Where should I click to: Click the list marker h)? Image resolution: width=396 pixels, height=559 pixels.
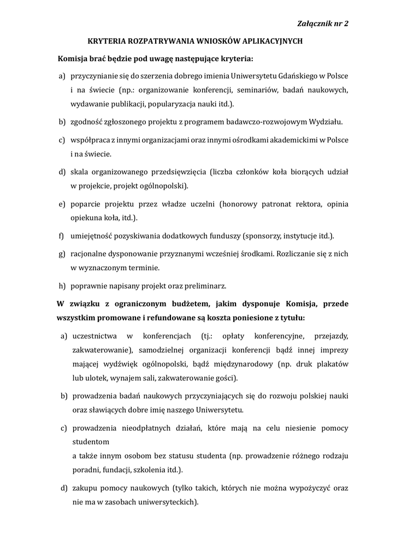click(x=62, y=286)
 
